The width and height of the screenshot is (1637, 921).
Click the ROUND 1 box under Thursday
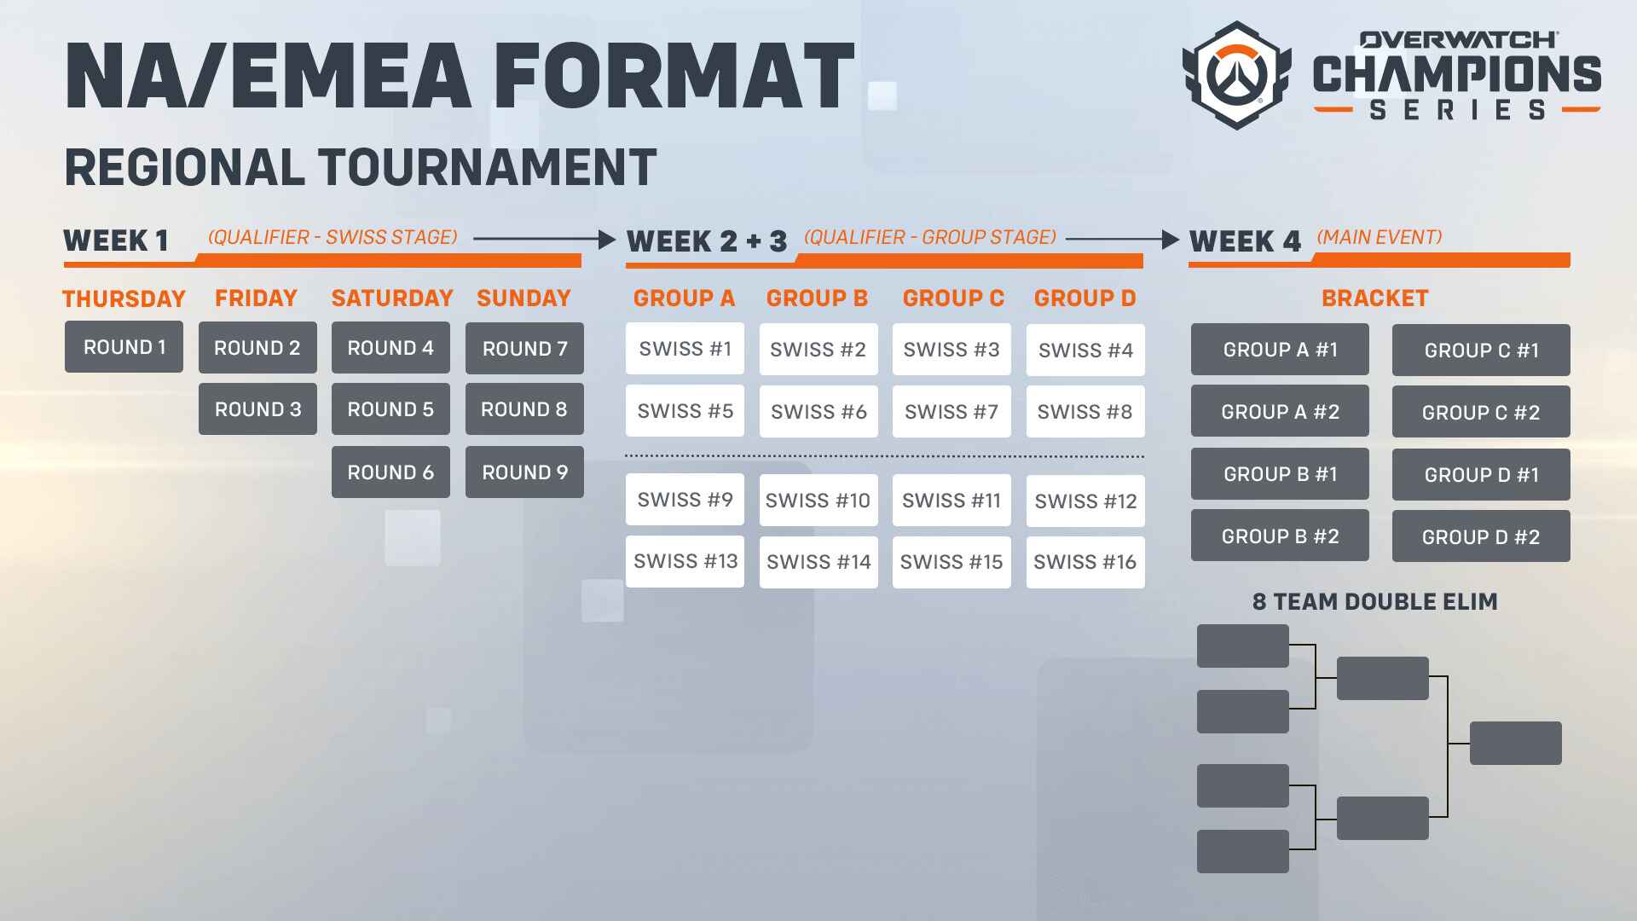point(124,347)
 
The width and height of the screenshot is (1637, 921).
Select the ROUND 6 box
point(390,472)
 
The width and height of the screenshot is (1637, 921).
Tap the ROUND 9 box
point(524,472)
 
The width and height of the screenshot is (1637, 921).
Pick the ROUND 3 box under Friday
point(257,409)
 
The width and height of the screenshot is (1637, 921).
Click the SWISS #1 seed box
point(685,348)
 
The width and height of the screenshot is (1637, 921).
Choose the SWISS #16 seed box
point(1085,562)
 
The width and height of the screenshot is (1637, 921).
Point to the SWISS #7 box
point(952,412)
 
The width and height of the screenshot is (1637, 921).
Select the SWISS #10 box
point(818,501)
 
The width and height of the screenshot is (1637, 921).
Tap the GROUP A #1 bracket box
point(1280,350)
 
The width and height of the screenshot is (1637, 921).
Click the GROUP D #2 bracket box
point(1481,536)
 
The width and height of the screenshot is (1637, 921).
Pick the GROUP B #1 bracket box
point(1280,474)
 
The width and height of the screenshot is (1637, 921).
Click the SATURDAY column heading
point(392,298)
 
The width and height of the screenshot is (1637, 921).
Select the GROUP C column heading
point(953,298)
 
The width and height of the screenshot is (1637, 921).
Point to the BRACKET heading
point(1374,298)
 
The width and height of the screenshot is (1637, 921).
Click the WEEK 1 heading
point(116,241)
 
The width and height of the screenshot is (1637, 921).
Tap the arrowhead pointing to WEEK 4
point(1171,240)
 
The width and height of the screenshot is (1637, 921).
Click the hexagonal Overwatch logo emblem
point(1236,76)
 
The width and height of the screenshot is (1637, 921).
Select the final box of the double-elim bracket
point(1516,743)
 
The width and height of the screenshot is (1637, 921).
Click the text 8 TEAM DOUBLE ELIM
point(1374,602)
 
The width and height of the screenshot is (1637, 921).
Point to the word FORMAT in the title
point(674,76)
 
